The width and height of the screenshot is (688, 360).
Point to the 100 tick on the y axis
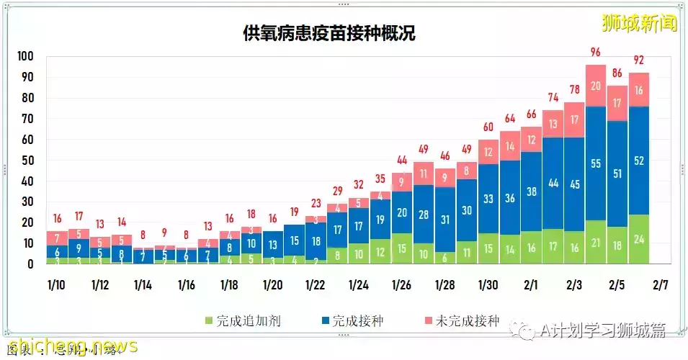(x=25, y=57)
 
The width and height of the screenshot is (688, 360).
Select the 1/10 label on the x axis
(x=57, y=285)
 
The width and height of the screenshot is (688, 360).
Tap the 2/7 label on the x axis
(x=660, y=285)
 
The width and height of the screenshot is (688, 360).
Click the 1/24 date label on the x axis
(x=358, y=285)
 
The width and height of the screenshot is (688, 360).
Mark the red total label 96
(x=596, y=52)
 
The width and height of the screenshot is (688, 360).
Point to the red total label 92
(x=638, y=60)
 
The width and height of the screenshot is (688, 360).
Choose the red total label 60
(x=488, y=127)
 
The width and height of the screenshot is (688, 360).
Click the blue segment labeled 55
(x=596, y=163)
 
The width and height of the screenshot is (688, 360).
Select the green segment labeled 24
(x=638, y=240)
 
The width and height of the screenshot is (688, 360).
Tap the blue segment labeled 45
(x=574, y=184)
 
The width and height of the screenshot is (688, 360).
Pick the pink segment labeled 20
(x=596, y=86)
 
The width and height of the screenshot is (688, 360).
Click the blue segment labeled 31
(x=445, y=219)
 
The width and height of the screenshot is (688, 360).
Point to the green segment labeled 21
(x=596, y=243)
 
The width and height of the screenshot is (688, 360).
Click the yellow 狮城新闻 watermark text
(x=640, y=23)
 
